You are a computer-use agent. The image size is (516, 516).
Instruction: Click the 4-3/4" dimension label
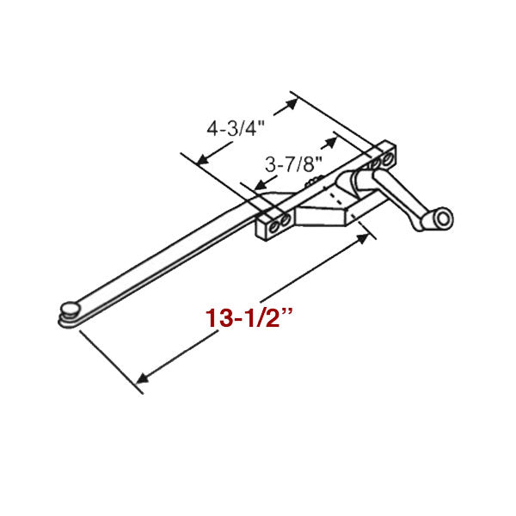click(234, 129)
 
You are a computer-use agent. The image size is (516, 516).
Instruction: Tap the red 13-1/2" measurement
click(249, 316)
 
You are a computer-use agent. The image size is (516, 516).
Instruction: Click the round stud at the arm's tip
click(70, 307)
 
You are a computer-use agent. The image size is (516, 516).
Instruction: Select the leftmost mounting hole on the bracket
click(273, 224)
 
